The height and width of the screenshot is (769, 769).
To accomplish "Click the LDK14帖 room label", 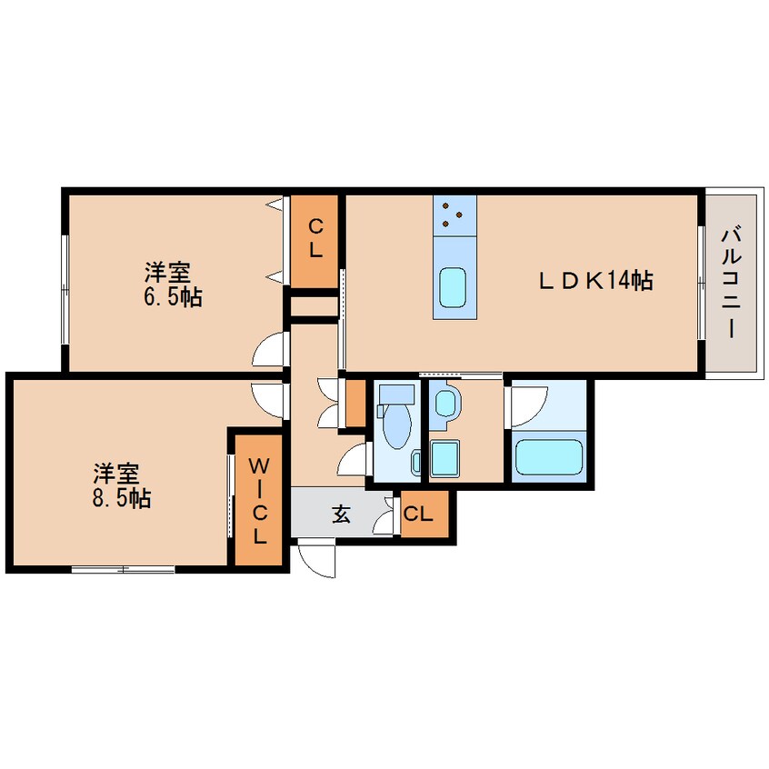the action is click(595, 281).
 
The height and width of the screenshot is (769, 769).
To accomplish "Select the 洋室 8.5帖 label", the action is click(122, 485).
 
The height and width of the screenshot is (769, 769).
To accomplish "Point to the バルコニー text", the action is click(731, 282).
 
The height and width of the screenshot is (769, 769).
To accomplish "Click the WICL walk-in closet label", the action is click(259, 501).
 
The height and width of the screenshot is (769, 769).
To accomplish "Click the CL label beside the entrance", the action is click(418, 514).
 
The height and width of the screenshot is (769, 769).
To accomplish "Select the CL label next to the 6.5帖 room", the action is click(315, 239).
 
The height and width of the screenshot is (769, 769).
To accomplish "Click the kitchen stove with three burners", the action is click(454, 215).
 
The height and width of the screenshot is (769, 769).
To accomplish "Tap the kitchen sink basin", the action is click(454, 287).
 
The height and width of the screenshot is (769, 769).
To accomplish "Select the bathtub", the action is click(549, 457).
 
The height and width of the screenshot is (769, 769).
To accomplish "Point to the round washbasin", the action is click(446, 404).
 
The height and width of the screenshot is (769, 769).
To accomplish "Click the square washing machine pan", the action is click(444, 457).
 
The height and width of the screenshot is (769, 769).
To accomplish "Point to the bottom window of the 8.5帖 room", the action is click(123, 569).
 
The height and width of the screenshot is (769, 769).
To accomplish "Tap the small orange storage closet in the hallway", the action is click(355, 404).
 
